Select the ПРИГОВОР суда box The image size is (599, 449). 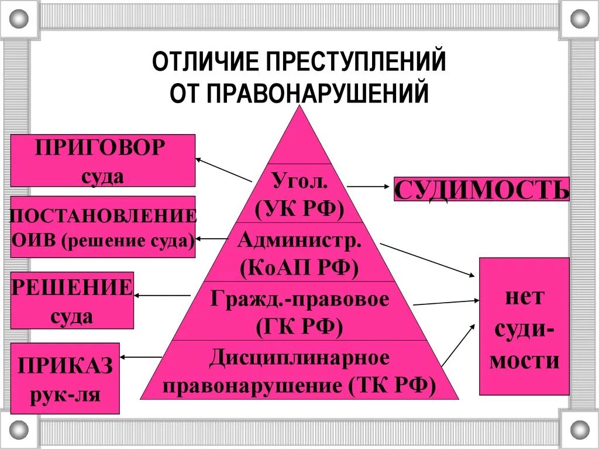(x=102, y=160)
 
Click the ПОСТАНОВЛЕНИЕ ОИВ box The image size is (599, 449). (x=102, y=227)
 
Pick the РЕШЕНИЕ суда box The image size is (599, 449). (x=71, y=300)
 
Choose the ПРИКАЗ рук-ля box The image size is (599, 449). (x=64, y=378)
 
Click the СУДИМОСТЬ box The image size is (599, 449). (x=481, y=189)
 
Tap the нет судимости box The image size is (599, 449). (x=524, y=326)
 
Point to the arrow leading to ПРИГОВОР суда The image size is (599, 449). (x=223, y=169)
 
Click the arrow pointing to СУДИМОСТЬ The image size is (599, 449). (x=369, y=187)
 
